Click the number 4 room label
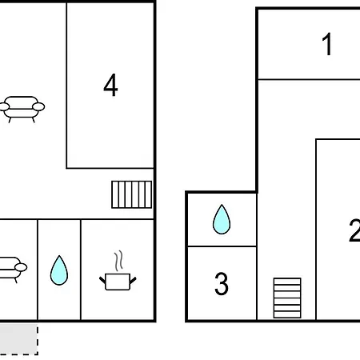[x=110, y=85]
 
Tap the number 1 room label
[x=327, y=44]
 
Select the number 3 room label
[x=222, y=284]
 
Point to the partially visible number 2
[x=354, y=230]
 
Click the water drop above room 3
[x=222, y=219]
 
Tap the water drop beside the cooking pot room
[x=59, y=270]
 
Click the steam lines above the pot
[x=119, y=261]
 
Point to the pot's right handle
[x=133, y=280]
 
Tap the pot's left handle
[x=102, y=280]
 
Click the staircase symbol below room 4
[x=132, y=194]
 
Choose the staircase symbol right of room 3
[x=287, y=298]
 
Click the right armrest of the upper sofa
[x=38, y=106]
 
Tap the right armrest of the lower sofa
[x=21, y=267]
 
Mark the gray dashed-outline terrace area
[x=19, y=339]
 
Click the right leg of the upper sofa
[x=34, y=120]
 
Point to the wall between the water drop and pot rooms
[x=81, y=270]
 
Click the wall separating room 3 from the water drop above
[x=222, y=246]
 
